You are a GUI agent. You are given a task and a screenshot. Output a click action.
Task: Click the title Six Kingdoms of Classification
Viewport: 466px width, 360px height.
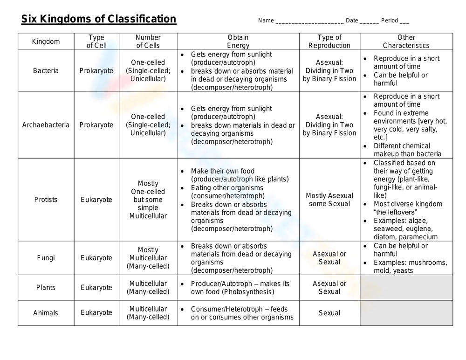[99, 19]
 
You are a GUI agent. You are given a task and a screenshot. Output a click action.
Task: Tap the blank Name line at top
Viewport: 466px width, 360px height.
[309, 21]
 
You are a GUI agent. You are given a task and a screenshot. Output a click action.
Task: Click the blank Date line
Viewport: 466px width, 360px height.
[369, 21]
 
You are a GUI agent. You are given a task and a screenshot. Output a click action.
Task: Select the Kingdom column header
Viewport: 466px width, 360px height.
[46, 42]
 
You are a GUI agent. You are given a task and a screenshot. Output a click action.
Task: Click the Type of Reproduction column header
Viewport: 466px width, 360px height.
[329, 42]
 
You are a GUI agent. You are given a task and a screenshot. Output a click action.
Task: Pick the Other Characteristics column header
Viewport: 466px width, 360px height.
[406, 42]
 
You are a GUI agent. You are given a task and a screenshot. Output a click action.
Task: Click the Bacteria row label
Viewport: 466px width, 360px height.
[46, 71]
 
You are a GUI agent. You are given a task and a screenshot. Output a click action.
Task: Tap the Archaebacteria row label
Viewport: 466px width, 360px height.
[46, 125]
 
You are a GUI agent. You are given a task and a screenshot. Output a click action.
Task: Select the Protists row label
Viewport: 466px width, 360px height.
[46, 200]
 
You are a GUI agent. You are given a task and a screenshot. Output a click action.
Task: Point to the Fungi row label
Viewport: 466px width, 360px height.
[46, 258]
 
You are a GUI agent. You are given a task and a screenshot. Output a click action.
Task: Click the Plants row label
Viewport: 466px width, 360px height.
[46, 288]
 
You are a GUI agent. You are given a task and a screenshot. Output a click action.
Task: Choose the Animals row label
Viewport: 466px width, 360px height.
[46, 313]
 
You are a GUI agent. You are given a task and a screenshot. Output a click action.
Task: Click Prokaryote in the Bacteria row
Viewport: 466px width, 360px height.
[96, 71]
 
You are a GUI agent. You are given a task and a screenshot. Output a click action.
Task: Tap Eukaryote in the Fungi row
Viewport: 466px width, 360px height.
[96, 258]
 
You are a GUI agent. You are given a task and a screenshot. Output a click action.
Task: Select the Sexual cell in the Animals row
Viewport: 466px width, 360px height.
[329, 313]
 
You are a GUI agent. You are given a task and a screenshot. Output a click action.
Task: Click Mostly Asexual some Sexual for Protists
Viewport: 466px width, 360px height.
[329, 200]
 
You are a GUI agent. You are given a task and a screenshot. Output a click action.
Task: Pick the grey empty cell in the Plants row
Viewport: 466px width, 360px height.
[406, 288]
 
